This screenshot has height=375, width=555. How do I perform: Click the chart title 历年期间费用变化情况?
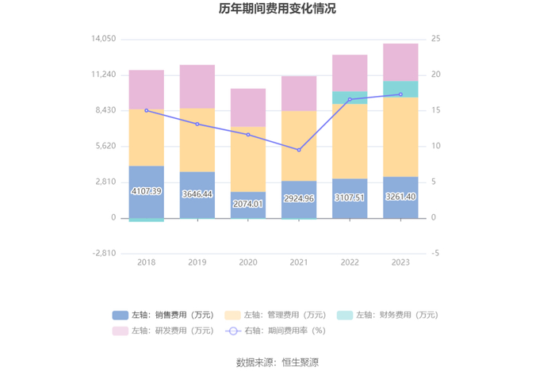click(277, 10)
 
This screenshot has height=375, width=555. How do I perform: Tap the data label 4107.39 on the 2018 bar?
click(147, 191)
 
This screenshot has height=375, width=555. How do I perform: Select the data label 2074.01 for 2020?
click(248, 204)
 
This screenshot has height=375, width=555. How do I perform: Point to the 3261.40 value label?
click(400, 196)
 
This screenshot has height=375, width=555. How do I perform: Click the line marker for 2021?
click(299, 150)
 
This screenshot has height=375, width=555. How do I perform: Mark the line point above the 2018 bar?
click(147, 110)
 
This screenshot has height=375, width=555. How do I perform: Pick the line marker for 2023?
click(400, 94)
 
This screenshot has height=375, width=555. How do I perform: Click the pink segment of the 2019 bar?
click(197, 86)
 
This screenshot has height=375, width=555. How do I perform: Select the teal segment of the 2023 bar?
click(400, 89)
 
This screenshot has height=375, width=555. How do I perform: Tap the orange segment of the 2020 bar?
click(248, 159)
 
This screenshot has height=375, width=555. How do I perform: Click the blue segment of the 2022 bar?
click(350, 198)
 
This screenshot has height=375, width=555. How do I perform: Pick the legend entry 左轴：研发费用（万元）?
click(163, 331)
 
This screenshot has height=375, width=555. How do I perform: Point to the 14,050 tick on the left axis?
click(104, 39)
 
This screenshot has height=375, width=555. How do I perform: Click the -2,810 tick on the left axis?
click(104, 254)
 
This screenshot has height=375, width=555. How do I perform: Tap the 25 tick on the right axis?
click(436, 39)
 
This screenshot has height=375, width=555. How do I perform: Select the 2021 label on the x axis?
click(299, 262)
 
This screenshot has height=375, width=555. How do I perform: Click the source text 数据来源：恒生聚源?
click(277, 362)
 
